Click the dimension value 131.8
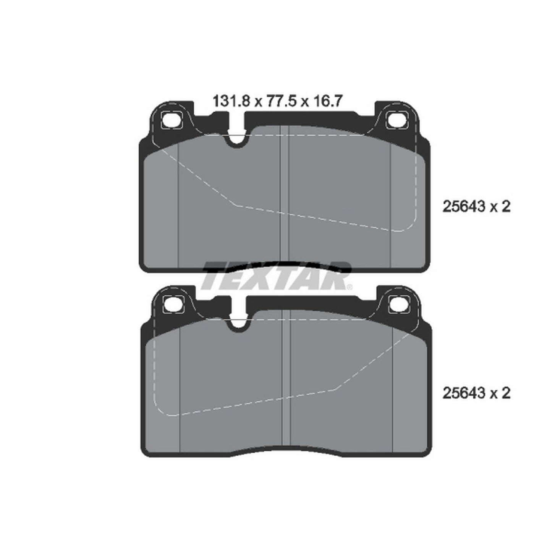[231, 101]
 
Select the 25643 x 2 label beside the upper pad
[476, 207]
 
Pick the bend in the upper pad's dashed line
[238, 205]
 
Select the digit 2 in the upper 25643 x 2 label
[506, 207]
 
